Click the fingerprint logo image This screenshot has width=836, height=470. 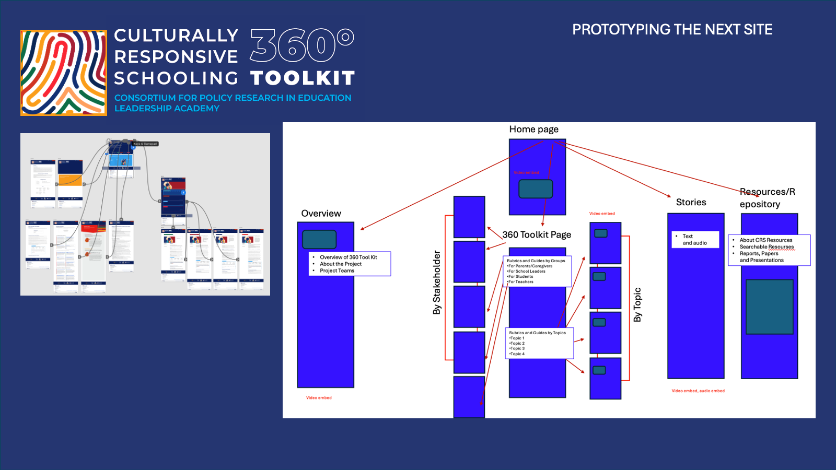pos(63,73)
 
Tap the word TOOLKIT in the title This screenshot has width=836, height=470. pos(303,78)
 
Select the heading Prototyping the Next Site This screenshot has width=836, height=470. pos(672,30)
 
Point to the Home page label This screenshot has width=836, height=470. pos(533,129)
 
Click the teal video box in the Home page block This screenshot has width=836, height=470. pos(536,189)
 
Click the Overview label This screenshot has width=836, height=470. pos(321,213)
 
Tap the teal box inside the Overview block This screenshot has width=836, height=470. pos(319,239)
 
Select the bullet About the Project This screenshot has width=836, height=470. pos(341,264)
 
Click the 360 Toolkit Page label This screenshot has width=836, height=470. pos(537,234)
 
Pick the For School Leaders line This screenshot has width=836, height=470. pos(527,271)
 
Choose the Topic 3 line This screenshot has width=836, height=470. pos(517,348)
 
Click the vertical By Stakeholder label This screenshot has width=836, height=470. pos(437,283)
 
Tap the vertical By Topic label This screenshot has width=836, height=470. pos(637,304)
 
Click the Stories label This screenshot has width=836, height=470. pos(691,202)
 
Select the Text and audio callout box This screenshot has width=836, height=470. pos(695,239)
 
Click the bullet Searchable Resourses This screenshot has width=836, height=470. pos(767,246)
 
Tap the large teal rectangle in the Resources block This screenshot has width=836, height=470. pos(769,307)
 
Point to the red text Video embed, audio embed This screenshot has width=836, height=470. pos(698,391)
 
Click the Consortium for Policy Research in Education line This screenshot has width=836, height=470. pos(233,98)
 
